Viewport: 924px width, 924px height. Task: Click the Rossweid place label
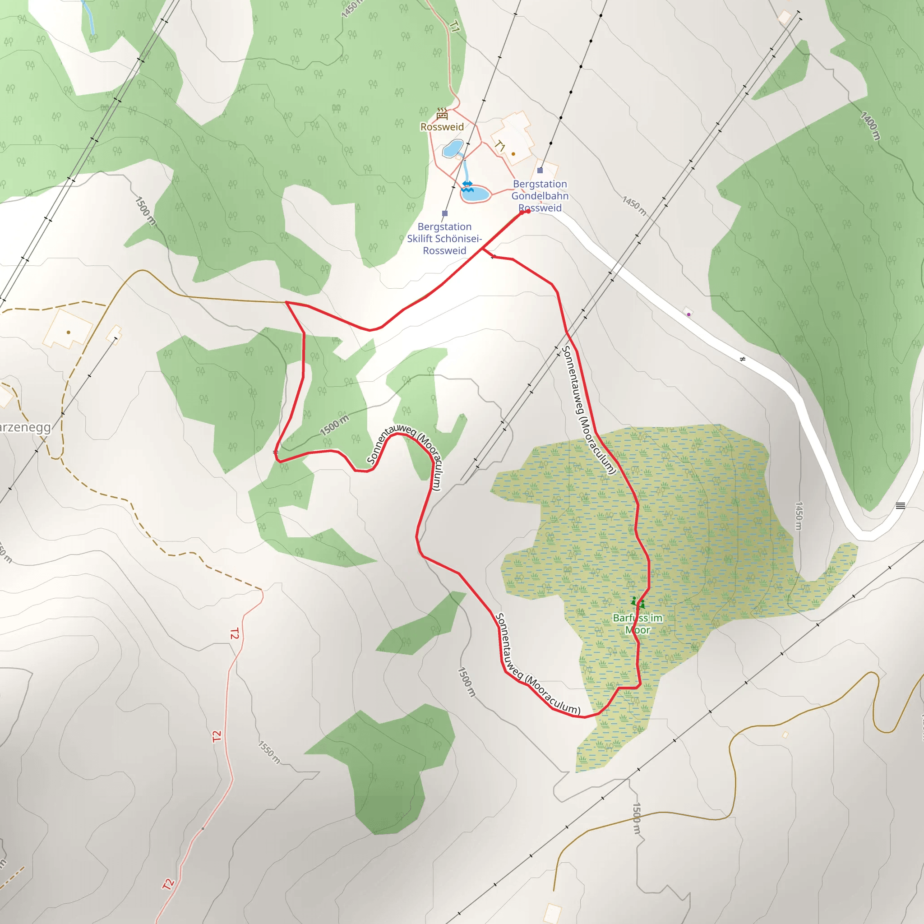[x=442, y=127]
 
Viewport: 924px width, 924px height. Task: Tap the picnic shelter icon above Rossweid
[x=442, y=114]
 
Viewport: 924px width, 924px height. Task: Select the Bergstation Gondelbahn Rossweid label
[x=540, y=196]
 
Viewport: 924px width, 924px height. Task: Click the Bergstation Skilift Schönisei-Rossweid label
[x=444, y=239]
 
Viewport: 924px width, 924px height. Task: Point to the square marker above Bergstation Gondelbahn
[x=540, y=170]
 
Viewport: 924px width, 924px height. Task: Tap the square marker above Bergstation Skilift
[x=445, y=213]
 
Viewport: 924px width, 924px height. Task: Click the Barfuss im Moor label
[x=638, y=624]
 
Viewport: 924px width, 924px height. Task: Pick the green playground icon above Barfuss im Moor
[x=638, y=603]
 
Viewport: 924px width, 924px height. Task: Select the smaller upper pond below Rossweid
[x=453, y=149]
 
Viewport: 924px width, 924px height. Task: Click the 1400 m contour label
[x=870, y=126]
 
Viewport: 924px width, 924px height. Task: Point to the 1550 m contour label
[x=269, y=752]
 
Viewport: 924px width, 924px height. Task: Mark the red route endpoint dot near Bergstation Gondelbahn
[x=527, y=211]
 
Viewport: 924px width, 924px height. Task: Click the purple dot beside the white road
[x=688, y=314]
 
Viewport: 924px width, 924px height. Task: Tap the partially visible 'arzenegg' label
[x=25, y=427]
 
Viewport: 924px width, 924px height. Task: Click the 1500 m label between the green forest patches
[x=334, y=425]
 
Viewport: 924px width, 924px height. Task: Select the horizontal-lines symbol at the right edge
[x=900, y=505]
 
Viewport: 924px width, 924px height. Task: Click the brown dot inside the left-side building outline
[x=69, y=332]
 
